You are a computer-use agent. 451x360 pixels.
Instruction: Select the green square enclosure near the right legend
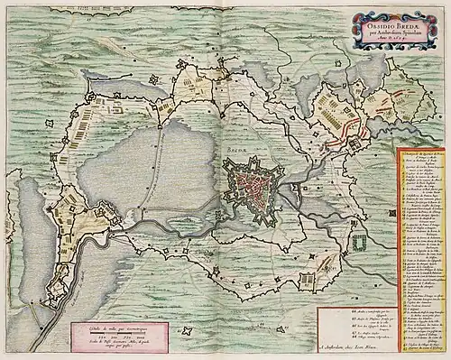click(x=362, y=242)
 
